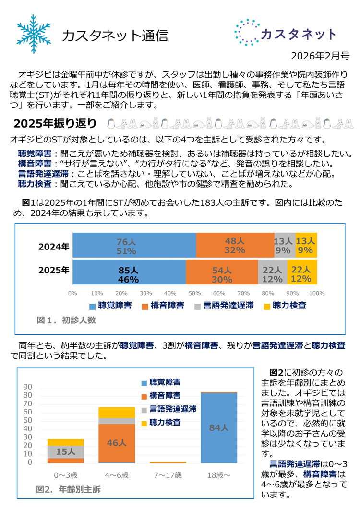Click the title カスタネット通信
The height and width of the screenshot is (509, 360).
point(115,36)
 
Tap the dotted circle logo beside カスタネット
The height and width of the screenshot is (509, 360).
point(247,33)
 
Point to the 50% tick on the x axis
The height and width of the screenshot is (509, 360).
point(195,293)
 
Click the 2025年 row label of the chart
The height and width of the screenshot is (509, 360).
point(54,270)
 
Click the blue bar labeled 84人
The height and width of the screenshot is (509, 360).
point(218,427)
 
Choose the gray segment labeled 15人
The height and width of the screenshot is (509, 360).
point(66,451)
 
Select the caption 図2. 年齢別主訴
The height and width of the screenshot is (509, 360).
point(69,489)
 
